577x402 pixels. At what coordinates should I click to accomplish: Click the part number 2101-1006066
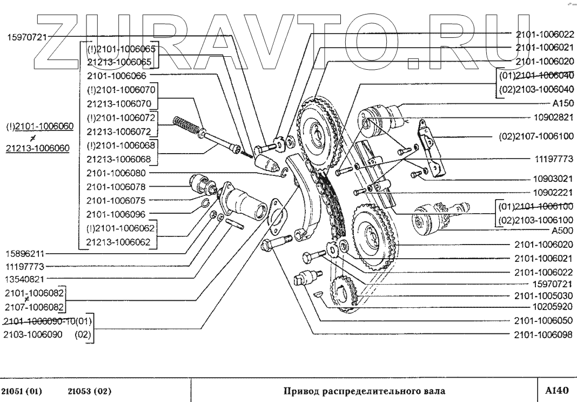click(x=116, y=75)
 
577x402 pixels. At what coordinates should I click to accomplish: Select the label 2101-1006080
click(x=116, y=173)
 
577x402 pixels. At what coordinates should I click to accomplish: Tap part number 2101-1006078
click(x=116, y=187)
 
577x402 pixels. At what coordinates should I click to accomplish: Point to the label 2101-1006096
click(x=116, y=214)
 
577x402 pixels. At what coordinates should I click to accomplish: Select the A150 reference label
click(x=562, y=103)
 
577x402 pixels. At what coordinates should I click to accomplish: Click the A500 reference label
click(x=562, y=229)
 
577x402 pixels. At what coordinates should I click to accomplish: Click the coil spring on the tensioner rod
click(x=186, y=127)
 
